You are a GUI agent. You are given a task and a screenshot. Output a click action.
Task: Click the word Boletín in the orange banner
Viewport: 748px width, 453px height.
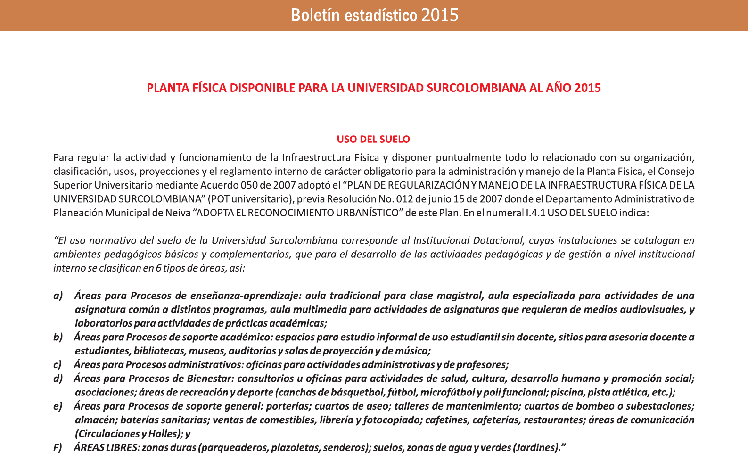[x=316, y=16]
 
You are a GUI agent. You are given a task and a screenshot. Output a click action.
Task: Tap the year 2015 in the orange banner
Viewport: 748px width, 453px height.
[x=440, y=16]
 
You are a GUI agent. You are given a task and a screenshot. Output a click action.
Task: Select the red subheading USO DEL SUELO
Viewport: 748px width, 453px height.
[x=373, y=140]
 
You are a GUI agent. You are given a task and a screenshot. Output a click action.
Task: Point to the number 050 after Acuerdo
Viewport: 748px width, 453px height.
[x=249, y=185]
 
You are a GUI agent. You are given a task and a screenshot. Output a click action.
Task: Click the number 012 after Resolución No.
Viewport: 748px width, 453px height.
[x=405, y=199]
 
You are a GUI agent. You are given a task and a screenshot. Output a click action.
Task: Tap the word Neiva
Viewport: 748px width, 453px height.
[x=178, y=213]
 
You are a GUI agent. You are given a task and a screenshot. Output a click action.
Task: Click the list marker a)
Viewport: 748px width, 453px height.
[x=58, y=296]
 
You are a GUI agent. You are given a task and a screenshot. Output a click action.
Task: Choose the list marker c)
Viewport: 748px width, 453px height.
[x=58, y=365]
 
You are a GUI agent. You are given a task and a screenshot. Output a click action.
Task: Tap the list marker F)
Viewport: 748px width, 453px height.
[x=58, y=447]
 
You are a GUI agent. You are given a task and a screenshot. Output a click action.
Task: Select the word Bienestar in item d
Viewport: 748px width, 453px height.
[x=210, y=379]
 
